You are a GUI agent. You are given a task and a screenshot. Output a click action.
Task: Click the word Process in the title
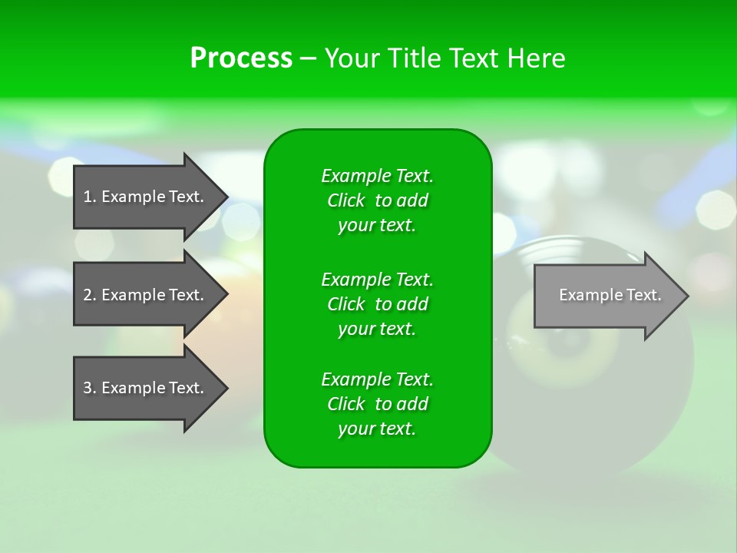pyautogui.click(x=241, y=58)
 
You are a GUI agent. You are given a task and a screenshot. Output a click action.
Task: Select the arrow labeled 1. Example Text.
pyautogui.click(x=146, y=197)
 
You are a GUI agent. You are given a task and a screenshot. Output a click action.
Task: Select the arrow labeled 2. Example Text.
pyautogui.click(x=146, y=295)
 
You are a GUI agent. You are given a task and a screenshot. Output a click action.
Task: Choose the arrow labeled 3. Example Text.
pyautogui.click(x=146, y=388)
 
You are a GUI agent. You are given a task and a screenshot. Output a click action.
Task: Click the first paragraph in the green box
pyautogui.click(x=377, y=200)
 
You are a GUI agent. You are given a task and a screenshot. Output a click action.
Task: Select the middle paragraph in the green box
pyautogui.click(x=377, y=303)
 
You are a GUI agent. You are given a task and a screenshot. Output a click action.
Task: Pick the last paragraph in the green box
pyautogui.click(x=377, y=404)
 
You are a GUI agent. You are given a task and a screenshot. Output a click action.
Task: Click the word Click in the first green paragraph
pyautogui.click(x=346, y=200)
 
